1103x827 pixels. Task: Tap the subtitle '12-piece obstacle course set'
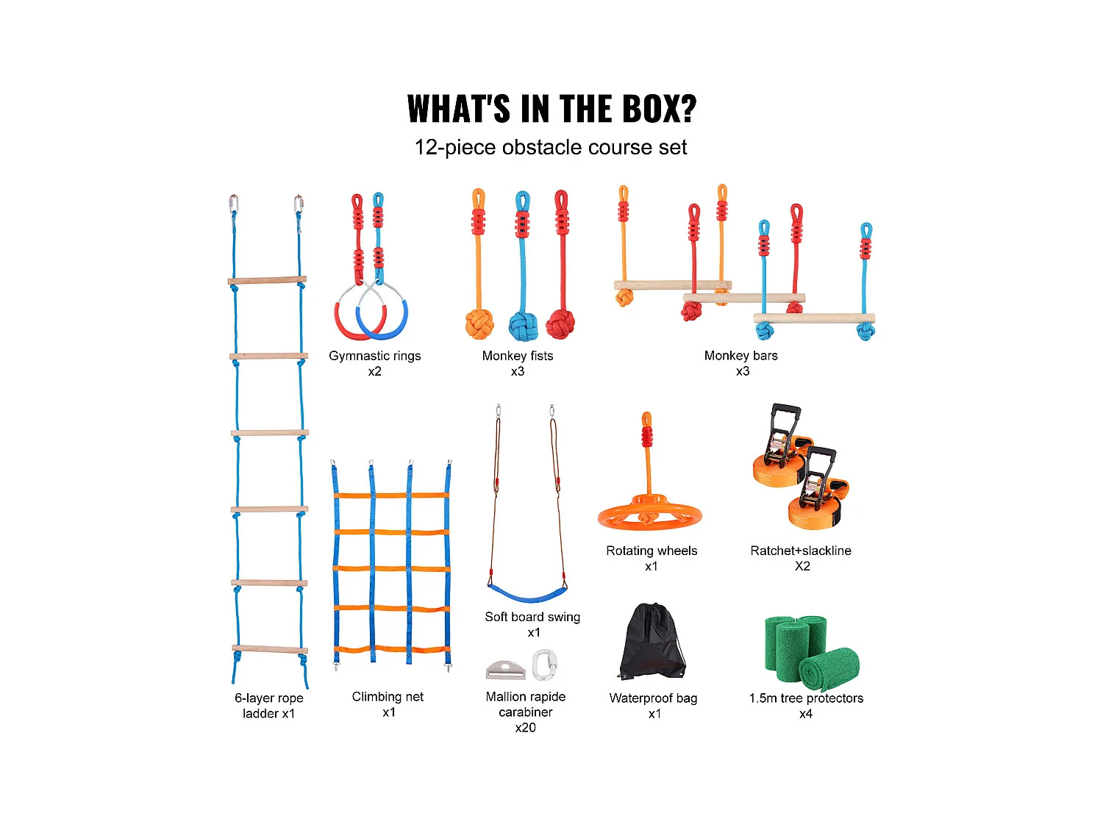(x=550, y=148)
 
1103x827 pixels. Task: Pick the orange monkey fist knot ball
(x=479, y=324)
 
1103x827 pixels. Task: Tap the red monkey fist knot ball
(x=560, y=323)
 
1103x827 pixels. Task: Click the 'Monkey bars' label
(x=740, y=356)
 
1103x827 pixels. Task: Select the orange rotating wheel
(x=649, y=512)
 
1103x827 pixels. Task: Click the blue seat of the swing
(x=526, y=592)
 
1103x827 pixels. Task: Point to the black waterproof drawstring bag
(x=652, y=643)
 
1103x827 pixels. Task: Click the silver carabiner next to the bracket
(x=543, y=665)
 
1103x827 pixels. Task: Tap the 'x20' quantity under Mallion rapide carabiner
(x=525, y=728)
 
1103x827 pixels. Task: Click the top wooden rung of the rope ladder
(x=267, y=280)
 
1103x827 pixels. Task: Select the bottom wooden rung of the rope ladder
(x=270, y=650)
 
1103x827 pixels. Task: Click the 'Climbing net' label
(x=388, y=697)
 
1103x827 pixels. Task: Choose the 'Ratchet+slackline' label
(x=801, y=551)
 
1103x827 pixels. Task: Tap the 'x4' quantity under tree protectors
(x=806, y=714)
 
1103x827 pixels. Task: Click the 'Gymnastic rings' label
(x=375, y=356)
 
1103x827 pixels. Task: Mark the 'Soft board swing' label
(x=532, y=617)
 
